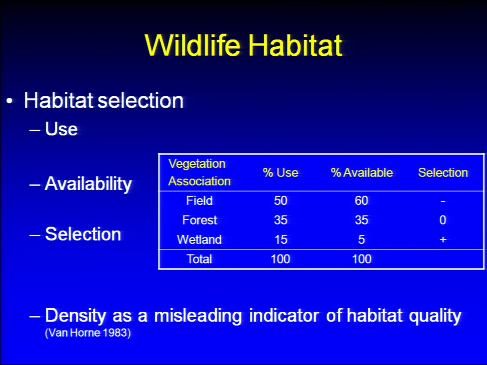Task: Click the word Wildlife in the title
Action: pos(193,45)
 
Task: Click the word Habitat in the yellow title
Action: pos(295,45)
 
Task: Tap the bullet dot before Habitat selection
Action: pos(10,101)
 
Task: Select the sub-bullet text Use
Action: pos(61,128)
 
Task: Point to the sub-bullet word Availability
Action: pos(88,184)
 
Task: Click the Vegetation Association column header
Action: pos(199,172)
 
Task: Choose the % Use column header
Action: pos(281,172)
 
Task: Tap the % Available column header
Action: pos(362,172)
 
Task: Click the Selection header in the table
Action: pos(443,172)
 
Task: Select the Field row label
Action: pos(199,201)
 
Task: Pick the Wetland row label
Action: pos(199,239)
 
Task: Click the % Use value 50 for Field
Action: pos(281,201)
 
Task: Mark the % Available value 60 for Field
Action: pos(362,201)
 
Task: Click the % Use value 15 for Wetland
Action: pos(281,240)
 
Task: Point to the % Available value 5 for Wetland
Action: pos(362,240)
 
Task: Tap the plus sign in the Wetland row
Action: pos(443,240)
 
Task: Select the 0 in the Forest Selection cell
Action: pos(443,220)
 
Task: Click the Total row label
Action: pos(199,259)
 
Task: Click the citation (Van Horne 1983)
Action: pos(88,333)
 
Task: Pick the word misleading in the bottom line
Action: pos(198,316)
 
